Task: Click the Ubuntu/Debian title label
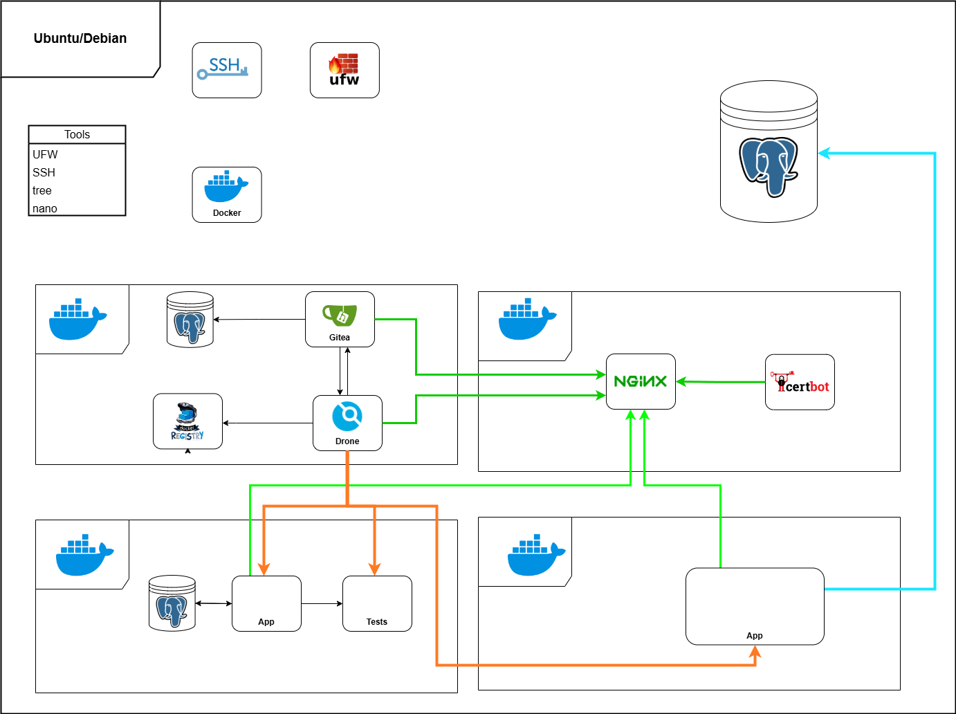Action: tap(80, 39)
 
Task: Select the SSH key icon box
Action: tap(227, 70)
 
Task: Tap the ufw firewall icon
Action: tap(344, 70)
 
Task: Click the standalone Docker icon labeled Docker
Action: tap(227, 194)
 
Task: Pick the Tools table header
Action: tap(77, 135)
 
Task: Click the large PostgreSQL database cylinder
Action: tap(769, 152)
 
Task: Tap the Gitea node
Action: tap(340, 319)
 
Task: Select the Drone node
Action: tap(347, 423)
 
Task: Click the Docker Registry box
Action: tap(187, 421)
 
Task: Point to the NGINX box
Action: tap(641, 381)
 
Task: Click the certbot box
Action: tap(800, 382)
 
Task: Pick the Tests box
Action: tap(377, 603)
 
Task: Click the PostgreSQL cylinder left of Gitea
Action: tap(190, 320)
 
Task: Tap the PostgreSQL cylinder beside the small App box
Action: tap(172, 603)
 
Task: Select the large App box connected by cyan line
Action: tap(755, 606)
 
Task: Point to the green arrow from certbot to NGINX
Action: tap(719, 381)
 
